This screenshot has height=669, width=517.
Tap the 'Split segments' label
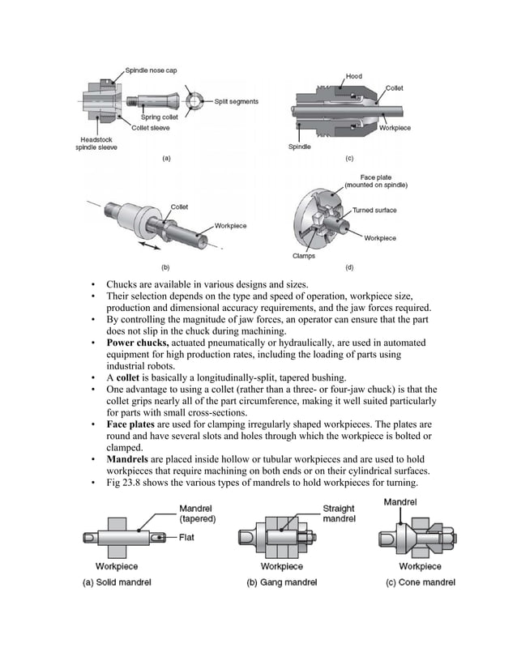[x=236, y=101]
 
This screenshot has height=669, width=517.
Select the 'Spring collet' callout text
[x=159, y=117]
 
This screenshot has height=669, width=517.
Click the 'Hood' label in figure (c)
[x=354, y=77]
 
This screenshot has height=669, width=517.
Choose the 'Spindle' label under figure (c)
[x=300, y=147]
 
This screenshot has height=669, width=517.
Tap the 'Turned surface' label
[x=374, y=211]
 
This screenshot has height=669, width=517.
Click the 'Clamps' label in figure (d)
[x=303, y=257]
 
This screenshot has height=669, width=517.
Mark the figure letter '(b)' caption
[x=165, y=266]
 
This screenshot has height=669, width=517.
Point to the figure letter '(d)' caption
[x=348, y=266]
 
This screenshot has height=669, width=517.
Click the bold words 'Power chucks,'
[x=138, y=343]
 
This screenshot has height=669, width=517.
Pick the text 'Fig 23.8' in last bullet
[x=126, y=484]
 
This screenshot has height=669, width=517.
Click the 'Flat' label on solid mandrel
[x=190, y=536]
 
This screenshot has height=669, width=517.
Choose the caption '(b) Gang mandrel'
[x=282, y=582]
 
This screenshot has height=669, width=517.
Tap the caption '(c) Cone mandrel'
[x=420, y=582]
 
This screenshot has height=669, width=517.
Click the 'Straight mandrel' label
[x=339, y=514]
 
